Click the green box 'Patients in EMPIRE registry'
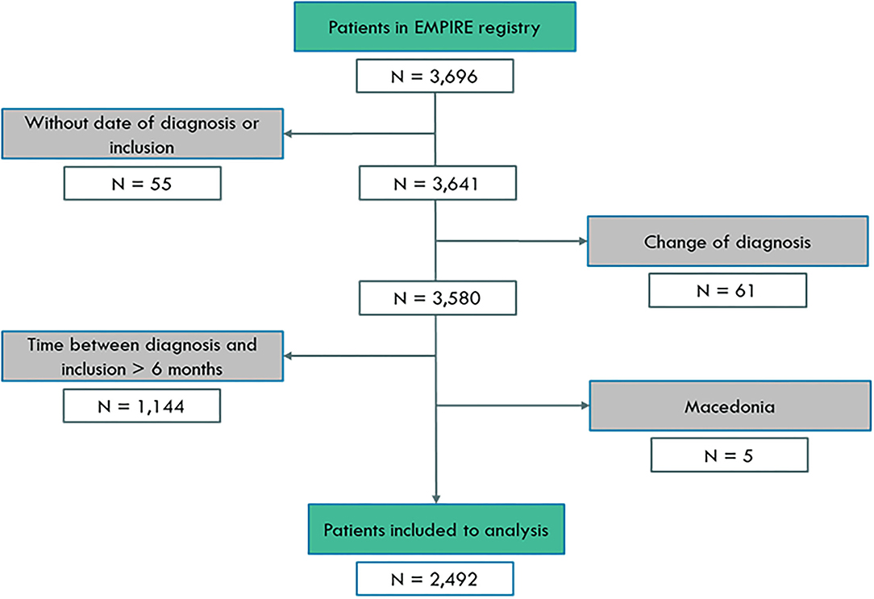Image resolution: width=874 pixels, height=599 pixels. [435, 27]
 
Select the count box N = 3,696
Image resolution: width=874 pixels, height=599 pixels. [435, 78]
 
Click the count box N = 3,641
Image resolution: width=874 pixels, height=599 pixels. [435, 184]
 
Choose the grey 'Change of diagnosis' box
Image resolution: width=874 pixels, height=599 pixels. [727, 241]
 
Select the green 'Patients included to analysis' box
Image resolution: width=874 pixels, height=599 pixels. [435, 531]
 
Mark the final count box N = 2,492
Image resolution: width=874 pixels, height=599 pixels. [435, 580]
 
